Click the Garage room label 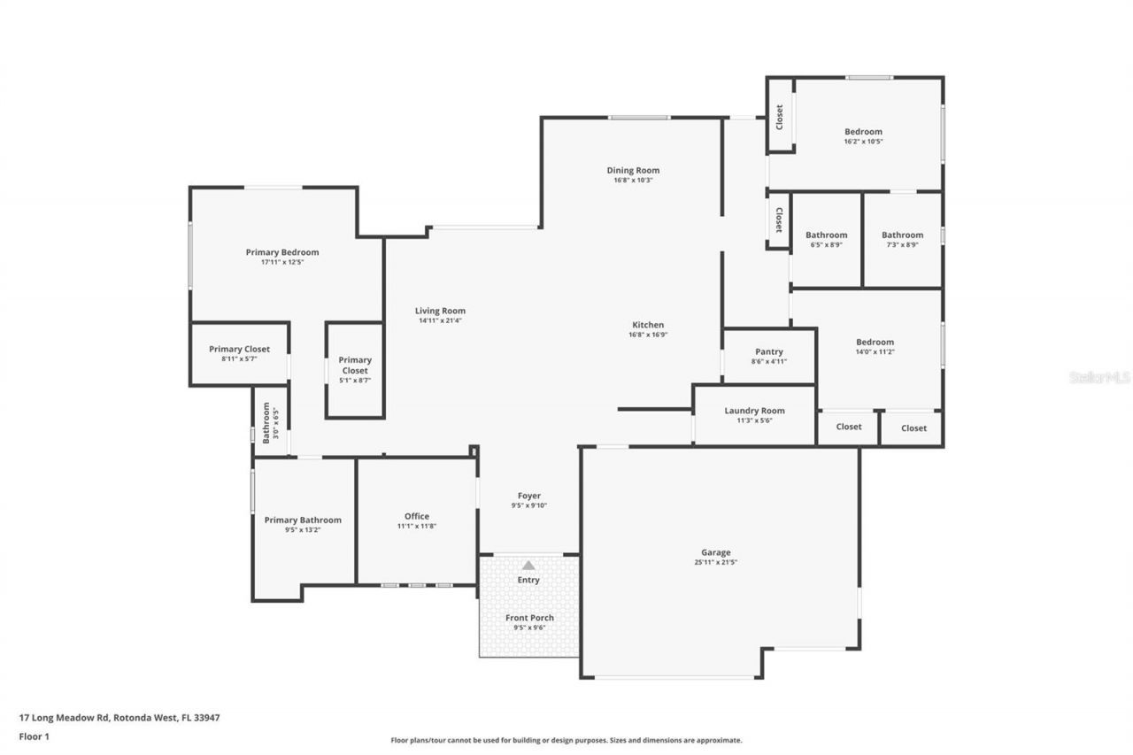point(716,552)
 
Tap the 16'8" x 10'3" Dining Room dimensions point(633,181)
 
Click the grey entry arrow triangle point(528,565)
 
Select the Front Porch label point(529,618)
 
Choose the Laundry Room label point(754,411)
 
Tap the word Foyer point(529,496)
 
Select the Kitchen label point(647,325)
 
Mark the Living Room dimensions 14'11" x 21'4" point(440,320)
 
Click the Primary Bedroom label point(282,252)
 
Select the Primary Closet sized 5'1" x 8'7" point(355,370)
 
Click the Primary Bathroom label point(303,520)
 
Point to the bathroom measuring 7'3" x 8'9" point(902,240)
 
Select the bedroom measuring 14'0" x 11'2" point(875,346)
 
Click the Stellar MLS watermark point(1099,377)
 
